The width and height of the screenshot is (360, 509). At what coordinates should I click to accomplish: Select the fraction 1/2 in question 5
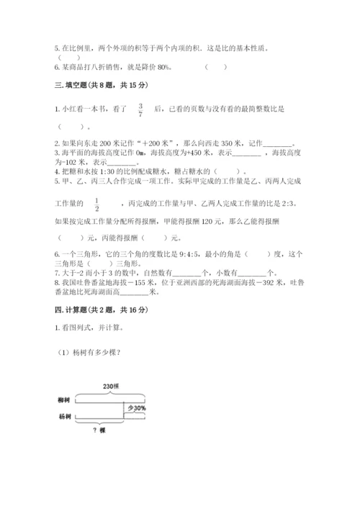tap(96, 204)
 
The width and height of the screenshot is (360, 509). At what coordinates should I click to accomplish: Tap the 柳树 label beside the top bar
tap(65, 400)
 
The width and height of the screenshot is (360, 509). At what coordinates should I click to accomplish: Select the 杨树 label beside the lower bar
tap(65, 417)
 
